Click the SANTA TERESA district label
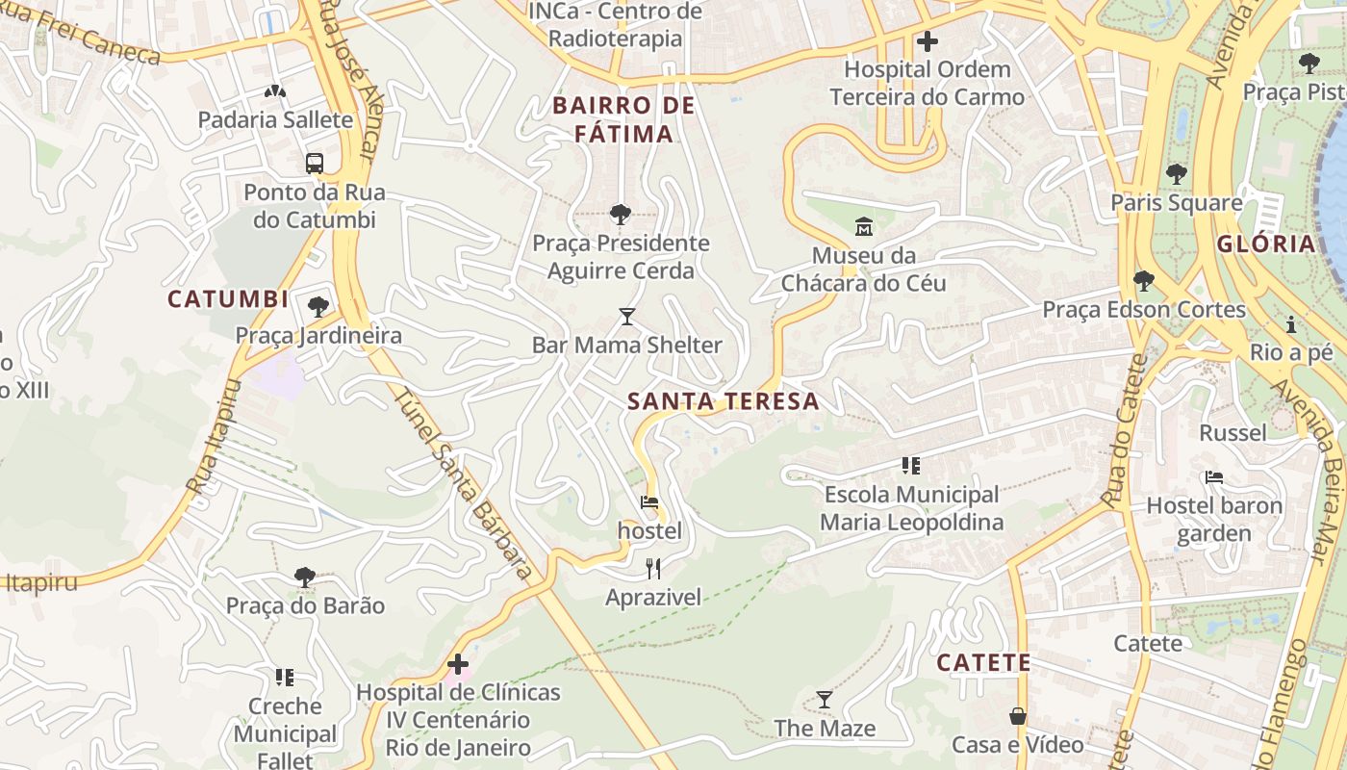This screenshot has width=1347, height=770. click(723, 401)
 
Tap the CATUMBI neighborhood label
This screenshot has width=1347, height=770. click(228, 299)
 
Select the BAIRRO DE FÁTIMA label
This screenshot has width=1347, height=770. click(623, 119)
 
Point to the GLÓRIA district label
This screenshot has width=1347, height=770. click(1265, 244)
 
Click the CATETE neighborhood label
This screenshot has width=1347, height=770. click(983, 663)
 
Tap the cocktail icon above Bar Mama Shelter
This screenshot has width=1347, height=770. click(627, 316)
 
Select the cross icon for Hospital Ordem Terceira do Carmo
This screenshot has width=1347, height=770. click(928, 41)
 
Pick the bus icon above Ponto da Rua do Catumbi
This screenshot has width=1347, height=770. click(315, 163)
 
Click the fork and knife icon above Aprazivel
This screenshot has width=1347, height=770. click(653, 569)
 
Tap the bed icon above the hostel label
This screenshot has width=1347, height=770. click(649, 502)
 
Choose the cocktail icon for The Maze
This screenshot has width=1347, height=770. click(825, 700)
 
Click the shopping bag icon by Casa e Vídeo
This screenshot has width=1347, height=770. click(1018, 717)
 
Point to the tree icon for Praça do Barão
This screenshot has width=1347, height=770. click(305, 577)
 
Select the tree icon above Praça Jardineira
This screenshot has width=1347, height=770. click(318, 307)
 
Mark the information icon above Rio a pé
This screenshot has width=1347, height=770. click(1290, 324)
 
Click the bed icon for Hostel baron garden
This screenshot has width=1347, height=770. click(1214, 477)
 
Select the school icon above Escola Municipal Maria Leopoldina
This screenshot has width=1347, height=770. click(910, 467)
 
